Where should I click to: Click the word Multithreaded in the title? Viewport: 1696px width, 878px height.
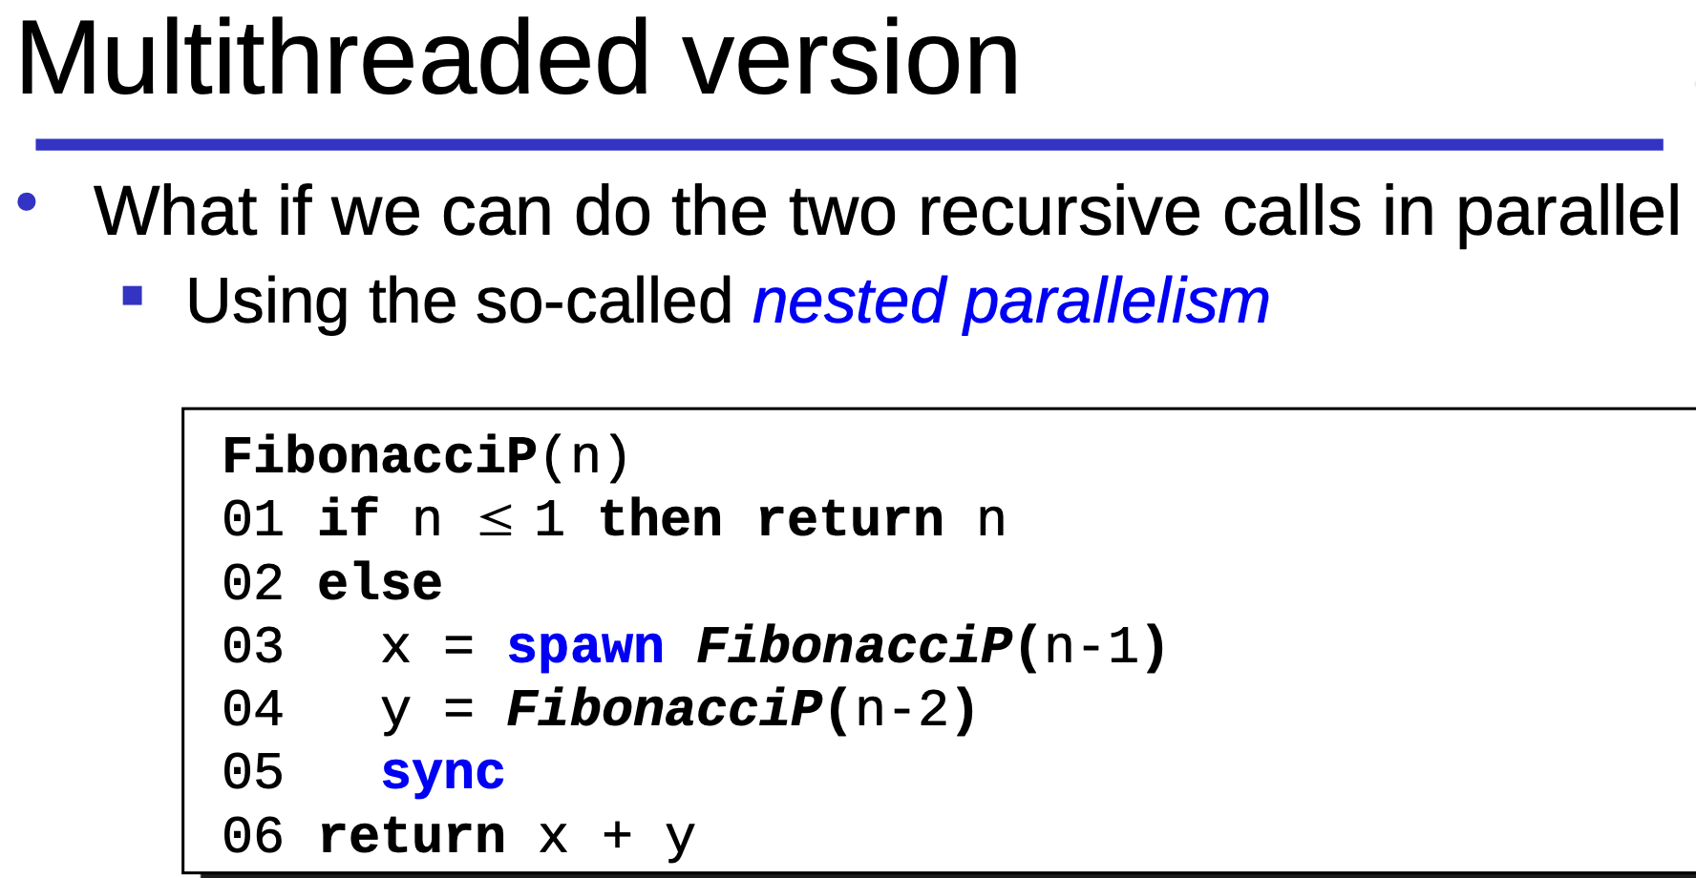click(334, 59)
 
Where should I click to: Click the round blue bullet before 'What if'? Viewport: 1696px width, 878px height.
click(27, 201)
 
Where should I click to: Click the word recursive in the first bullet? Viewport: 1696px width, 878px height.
click(1059, 212)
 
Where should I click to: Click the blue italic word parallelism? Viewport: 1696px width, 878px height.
click(1116, 303)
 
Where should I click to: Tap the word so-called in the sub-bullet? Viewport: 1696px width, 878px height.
click(604, 302)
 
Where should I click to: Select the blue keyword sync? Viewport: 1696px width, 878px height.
click(442, 774)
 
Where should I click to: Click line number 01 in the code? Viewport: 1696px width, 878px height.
click(253, 520)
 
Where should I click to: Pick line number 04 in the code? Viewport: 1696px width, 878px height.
click(253, 710)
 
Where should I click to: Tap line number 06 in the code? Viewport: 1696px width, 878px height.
click(253, 836)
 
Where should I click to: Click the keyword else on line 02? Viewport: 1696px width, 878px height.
click(380, 583)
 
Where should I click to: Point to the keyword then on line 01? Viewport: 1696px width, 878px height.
click(660, 520)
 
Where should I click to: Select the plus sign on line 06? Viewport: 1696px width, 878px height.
click(617, 836)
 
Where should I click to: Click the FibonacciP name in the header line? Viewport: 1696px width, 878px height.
click(380, 456)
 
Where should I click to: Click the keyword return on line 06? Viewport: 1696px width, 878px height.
click(412, 837)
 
